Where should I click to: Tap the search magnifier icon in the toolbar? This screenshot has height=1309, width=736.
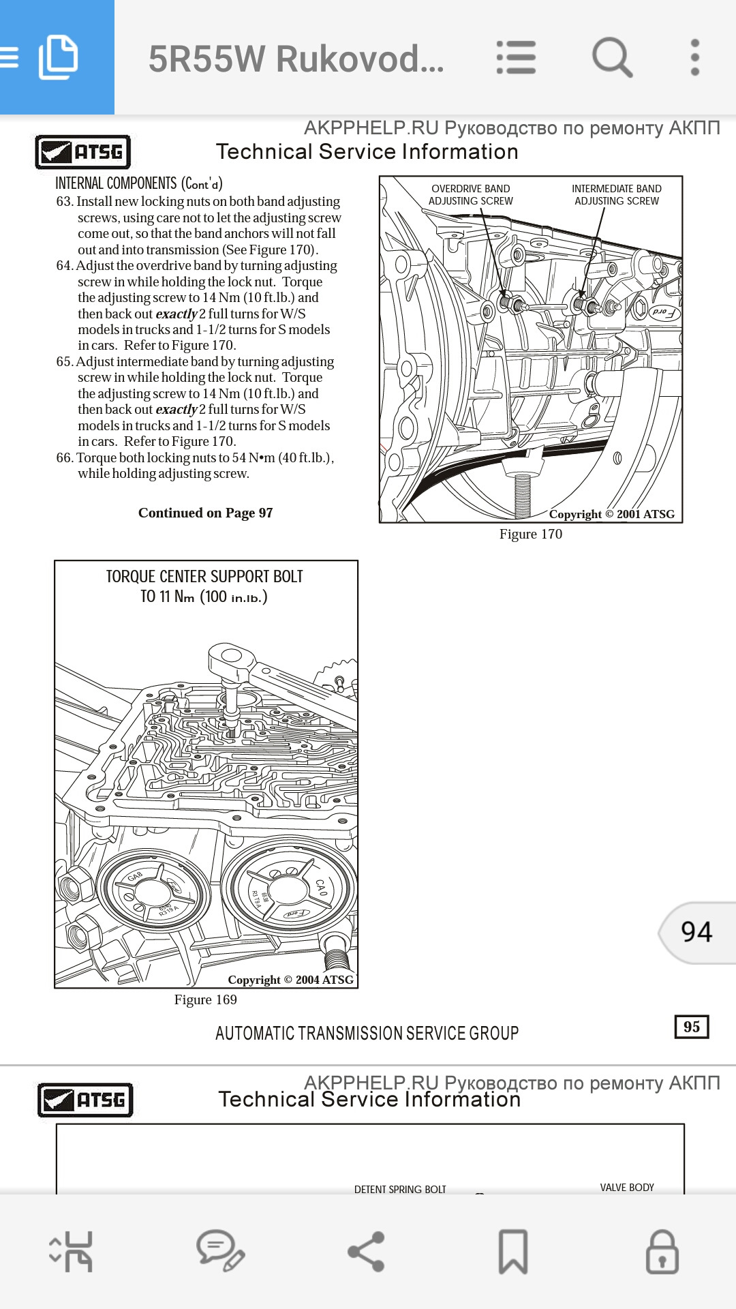coord(612,57)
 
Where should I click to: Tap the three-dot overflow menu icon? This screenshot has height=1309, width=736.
coord(694,57)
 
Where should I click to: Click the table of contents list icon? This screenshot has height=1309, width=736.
coord(516,57)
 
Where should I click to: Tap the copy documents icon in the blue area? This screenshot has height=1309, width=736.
coord(58,57)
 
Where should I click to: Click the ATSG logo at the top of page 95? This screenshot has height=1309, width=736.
coord(82,151)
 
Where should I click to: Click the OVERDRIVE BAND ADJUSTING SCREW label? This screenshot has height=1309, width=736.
coord(470,195)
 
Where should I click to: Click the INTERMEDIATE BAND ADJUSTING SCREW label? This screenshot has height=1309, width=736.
coord(616,195)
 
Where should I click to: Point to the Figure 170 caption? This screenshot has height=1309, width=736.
coord(530,535)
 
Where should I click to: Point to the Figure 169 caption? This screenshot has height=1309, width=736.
coord(205,1000)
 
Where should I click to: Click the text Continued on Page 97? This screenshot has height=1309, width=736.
coord(205,513)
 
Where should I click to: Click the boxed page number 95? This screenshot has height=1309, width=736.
coord(691,1027)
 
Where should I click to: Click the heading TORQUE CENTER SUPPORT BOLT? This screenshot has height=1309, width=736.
coord(204,577)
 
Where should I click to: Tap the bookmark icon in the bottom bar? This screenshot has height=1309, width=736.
coord(512,1252)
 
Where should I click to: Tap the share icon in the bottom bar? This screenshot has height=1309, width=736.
coord(367,1252)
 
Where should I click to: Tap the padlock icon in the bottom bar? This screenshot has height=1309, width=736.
coord(662,1252)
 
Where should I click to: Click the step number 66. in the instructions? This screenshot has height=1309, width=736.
coord(65,458)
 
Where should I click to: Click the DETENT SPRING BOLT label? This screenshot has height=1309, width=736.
coord(400,1190)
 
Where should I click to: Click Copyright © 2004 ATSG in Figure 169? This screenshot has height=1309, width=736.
coord(290,980)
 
